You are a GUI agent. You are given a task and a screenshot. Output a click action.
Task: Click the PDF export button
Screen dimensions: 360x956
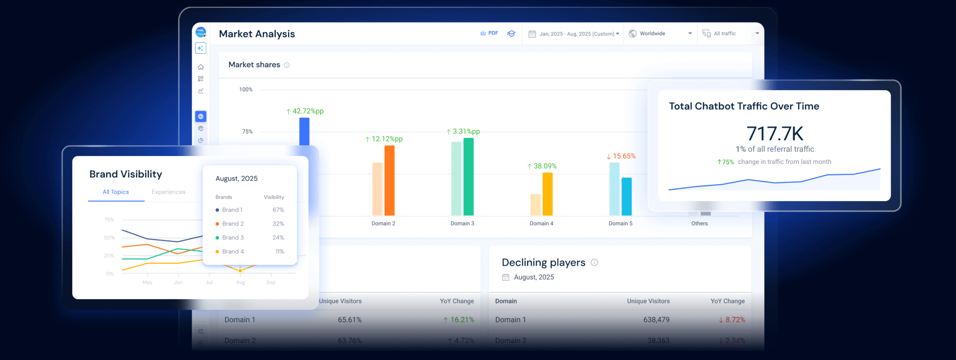click(489, 33)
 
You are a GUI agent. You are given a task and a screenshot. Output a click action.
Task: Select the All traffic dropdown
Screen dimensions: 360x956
click(731, 34)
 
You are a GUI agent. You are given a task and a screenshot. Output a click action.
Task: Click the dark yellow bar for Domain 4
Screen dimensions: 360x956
click(548, 194)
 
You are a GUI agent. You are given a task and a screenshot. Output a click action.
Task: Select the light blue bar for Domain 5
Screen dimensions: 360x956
click(614, 189)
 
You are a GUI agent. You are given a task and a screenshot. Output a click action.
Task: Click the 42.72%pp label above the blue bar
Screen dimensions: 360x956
click(305, 111)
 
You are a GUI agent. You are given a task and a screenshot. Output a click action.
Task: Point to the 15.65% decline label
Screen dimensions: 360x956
click(621, 156)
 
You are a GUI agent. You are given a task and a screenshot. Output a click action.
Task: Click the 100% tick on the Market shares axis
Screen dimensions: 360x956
click(246, 90)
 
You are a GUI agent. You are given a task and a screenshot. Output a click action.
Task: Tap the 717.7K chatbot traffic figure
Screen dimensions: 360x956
click(775, 134)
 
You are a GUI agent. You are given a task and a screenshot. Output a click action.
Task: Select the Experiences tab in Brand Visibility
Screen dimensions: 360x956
click(169, 192)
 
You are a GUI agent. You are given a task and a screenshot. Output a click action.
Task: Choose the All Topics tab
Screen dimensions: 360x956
click(116, 192)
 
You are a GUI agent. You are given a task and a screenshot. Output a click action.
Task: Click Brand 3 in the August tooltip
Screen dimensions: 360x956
click(232, 238)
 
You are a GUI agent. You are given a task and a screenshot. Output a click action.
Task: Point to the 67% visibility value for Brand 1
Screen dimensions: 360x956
click(278, 210)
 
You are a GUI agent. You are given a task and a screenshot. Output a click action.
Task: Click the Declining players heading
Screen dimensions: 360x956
click(543, 262)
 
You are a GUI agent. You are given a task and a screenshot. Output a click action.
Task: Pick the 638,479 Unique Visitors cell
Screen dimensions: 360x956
click(656, 320)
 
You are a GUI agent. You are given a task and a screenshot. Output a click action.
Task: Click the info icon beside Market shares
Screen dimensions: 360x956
click(287, 65)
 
